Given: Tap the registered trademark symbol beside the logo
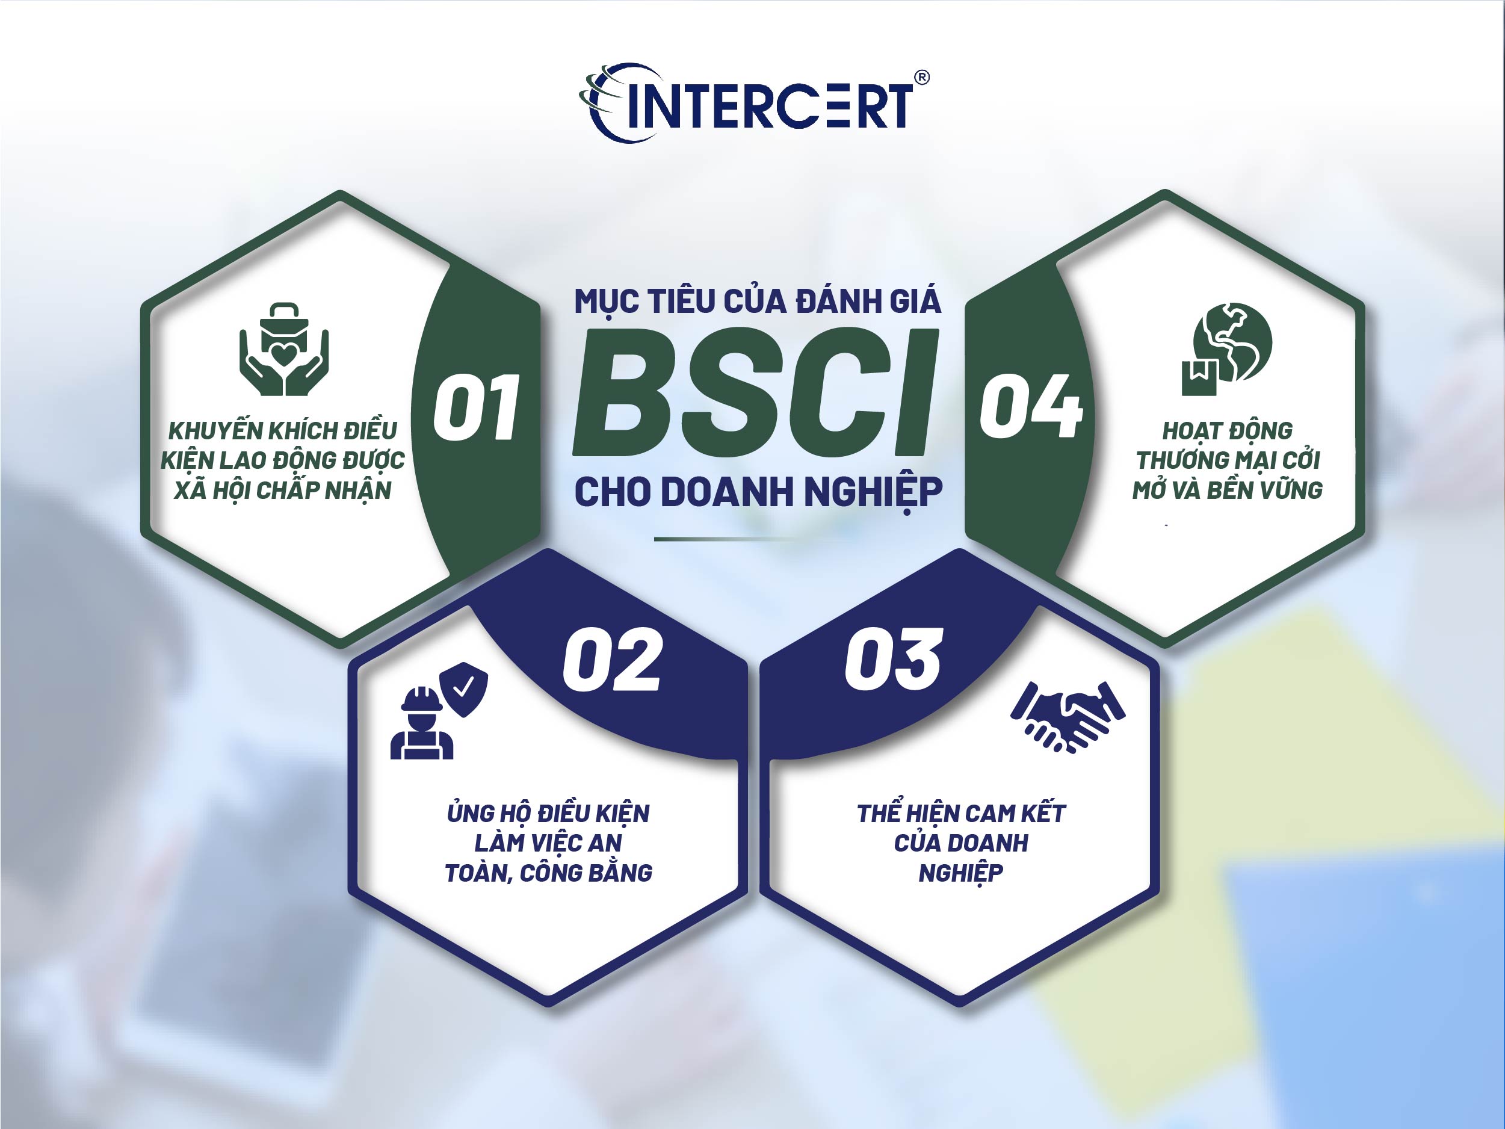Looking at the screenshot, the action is coord(921,78).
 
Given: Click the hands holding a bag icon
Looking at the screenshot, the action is coord(283,349).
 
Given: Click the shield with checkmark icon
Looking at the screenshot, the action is coord(463,690).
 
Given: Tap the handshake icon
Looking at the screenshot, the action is coord(1068,716).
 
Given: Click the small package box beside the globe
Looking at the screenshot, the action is coord(1199,378).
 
